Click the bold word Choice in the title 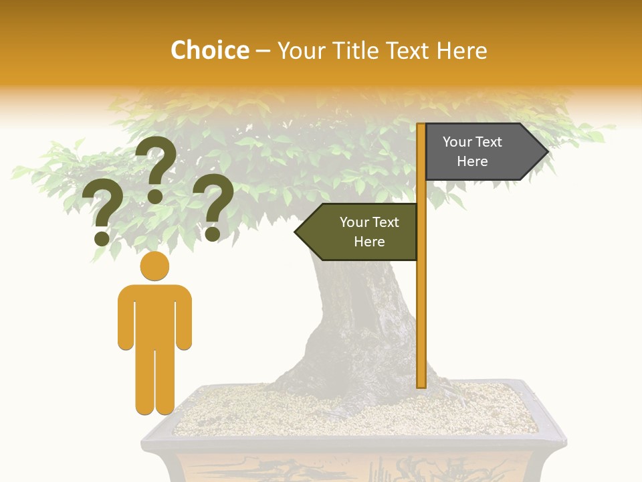click(x=209, y=50)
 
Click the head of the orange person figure click(x=154, y=266)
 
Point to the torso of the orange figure click(x=154, y=315)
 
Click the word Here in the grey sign click(x=472, y=161)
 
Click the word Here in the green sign click(x=369, y=242)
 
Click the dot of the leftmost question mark click(x=102, y=238)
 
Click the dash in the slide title click(x=263, y=51)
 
